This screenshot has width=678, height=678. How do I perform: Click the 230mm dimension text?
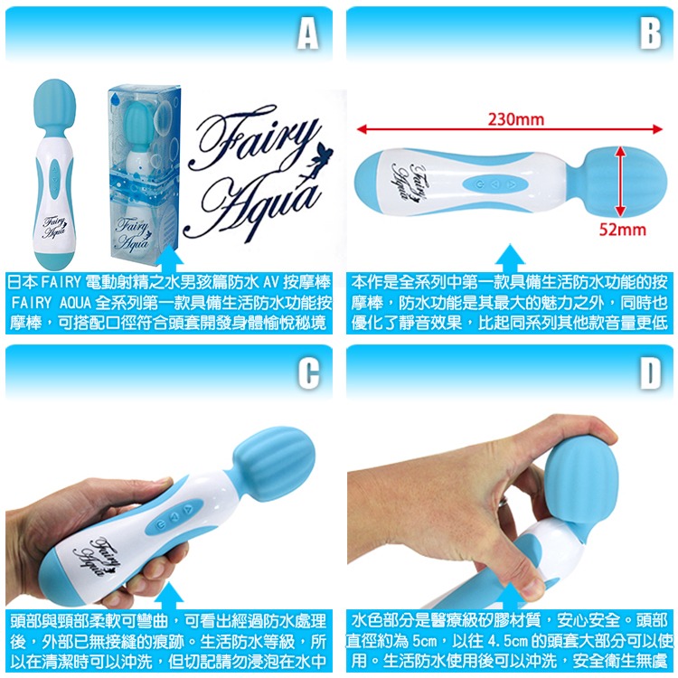pyautogui.click(x=516, y=118)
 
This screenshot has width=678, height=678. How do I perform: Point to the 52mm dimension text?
pyautogui.click(x=623, y=230)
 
